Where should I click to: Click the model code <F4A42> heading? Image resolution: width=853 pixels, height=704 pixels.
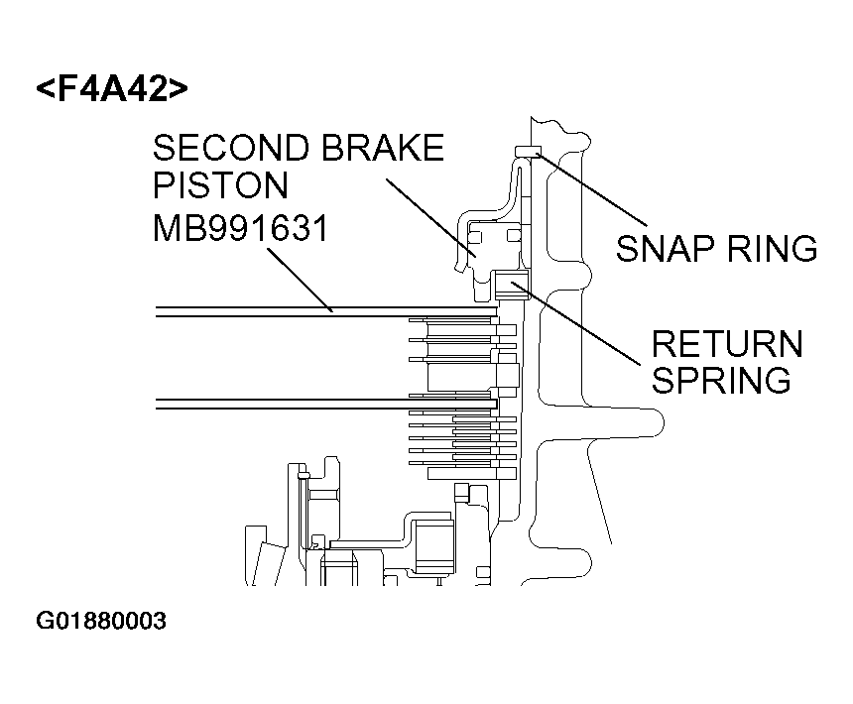[x=111, y=88]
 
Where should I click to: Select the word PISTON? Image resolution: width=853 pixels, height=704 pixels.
[x=220, y=186]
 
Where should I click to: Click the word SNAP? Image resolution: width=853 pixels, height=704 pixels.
[x=670, y=248]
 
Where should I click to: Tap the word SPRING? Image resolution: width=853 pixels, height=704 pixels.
[x=721, y=380]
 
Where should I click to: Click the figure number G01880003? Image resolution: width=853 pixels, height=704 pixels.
[x=101, y=622]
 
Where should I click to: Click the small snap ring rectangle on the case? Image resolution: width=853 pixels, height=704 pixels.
[x=526, y=152]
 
